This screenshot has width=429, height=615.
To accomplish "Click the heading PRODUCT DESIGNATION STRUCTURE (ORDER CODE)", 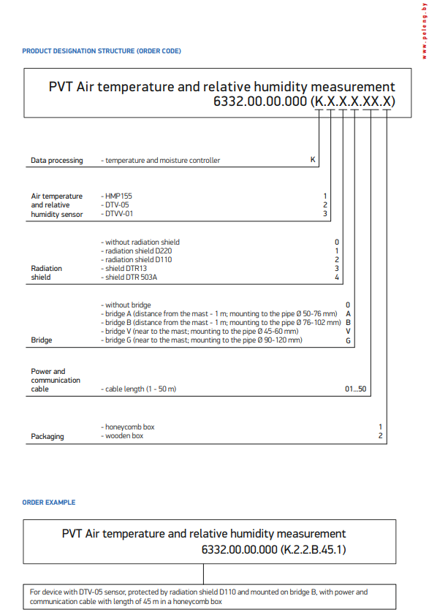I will point(102,51).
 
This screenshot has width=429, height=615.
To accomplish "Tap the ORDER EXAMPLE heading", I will point(49,503).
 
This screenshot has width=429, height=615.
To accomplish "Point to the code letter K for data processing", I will point(313,160).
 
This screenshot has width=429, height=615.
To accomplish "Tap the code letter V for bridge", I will point(349,331).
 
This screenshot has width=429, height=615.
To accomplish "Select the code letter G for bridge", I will point(349,340).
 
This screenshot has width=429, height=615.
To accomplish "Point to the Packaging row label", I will point(48,437).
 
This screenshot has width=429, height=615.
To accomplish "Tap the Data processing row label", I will point(56,160).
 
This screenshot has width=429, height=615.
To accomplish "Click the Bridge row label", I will point(41,340).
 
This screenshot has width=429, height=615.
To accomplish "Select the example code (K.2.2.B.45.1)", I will point(314,549).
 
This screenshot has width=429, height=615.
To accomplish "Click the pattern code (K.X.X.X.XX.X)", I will point(352,102).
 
